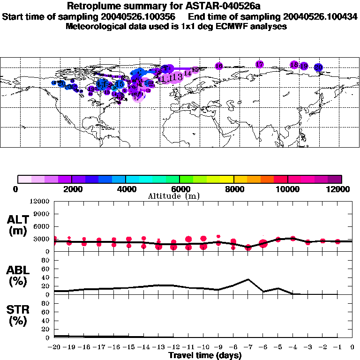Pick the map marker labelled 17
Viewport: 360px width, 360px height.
click(260, 64)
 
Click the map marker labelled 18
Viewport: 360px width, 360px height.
click(294, 65)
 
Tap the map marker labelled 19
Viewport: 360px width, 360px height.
click(304, 66)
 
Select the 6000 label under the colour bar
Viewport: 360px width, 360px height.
click(180, 189)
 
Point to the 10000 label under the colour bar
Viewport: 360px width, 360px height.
click(287, 189)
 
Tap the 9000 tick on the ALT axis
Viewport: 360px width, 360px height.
click(42, 214)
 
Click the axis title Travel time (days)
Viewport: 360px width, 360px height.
click(205, 355)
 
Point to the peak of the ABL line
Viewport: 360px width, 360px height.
click(248, 279)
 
